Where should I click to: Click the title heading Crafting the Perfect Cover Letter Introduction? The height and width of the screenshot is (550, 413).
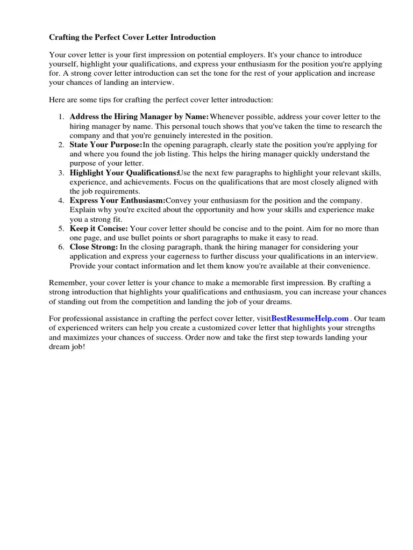pyautogui.click(x=132, y=38)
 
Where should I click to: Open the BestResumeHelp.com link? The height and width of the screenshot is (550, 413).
pyautogui.click(x=310, y=319)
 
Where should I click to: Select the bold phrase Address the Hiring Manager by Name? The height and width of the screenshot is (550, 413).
pyautogui.click(x=139, y=117)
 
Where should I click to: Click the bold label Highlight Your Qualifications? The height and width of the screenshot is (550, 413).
pyautogui.click(x=124, y=173)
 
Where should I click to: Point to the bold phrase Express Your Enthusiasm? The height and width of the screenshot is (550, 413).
pyautogui.click(x=117, y=201)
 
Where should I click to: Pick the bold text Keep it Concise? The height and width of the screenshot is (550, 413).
pyautogui.click(x=99, y=229)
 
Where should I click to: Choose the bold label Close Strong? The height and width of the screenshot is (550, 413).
pyautogui.click(x=94, y=247)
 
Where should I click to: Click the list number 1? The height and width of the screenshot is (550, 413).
pyautogui.click(x=61, y=117)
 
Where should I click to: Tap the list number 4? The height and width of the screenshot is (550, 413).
pyautogui.click(x=61, y=201)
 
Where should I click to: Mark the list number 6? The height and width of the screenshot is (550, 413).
pyautogui.click(x=61, y=247)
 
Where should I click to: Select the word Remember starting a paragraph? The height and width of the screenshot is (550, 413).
pyautogui.click(x=68, y=283)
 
